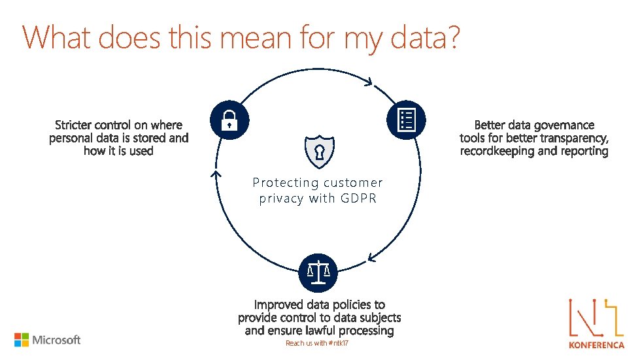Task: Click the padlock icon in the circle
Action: tap(229, 120)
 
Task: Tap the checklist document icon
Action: tap(407, 120)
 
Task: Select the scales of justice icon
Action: tap(318, 271)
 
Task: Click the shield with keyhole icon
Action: tap(318, 152)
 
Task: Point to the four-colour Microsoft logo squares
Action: tap(22, 340)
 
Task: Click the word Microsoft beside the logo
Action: tap(56, 340)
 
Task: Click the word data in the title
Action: tap(420, 37)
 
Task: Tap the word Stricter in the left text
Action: tap(73, 125)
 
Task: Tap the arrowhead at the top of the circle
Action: tap(369, 83)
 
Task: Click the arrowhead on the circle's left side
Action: tap(212, 174)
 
